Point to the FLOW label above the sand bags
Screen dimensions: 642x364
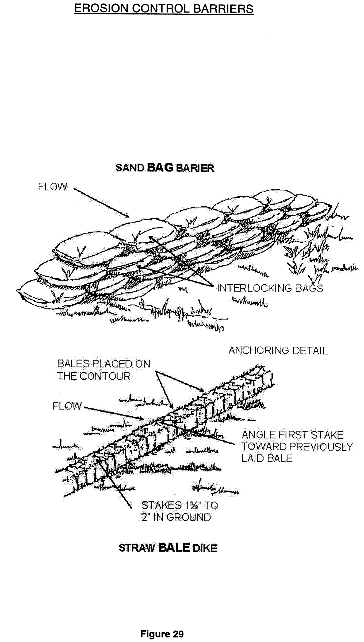(52, 186)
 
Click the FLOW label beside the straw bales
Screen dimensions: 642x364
(67, 406)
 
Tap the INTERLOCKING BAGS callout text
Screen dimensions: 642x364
(270, 288)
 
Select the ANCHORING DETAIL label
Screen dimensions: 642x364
(278, 351)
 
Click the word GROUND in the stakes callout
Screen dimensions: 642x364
(189, 517)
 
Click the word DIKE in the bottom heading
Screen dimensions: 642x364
(205, 548)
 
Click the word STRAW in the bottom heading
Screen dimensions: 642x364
(136, 548)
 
